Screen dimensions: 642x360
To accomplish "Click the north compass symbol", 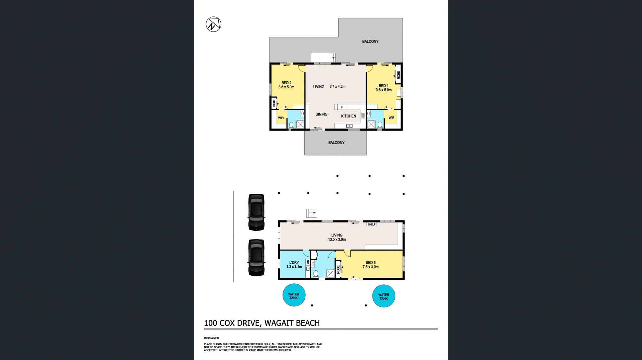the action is [213, 24].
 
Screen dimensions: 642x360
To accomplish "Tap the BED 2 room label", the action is [286, 83].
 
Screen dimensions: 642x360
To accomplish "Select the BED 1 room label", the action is [384, 86].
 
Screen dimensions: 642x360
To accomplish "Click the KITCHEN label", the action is [348, 116].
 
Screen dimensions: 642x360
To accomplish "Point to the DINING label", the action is [321, 114].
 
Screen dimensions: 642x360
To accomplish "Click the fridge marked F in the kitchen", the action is [342, 107].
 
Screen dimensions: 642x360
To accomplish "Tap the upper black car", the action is [256, 212].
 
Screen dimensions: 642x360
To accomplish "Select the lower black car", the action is [256, 258].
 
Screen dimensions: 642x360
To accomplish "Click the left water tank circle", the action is [294, 295].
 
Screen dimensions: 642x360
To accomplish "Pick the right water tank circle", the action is [384, 296].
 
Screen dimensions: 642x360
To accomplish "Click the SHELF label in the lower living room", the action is [371, 224].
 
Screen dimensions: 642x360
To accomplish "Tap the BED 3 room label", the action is [370, 263].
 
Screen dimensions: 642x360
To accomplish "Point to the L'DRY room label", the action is [294, 263].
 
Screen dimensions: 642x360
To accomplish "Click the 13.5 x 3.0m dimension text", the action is [337, 240].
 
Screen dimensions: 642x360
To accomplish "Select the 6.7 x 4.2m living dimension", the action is [337, 87].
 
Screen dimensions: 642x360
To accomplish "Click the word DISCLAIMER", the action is [211, 338].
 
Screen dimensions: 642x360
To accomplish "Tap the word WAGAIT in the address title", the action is [277, 323].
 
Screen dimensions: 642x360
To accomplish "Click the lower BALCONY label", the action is [336, 143].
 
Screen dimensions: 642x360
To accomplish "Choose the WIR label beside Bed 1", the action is [392, 118].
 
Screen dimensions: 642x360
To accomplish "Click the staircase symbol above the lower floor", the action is [311, 213].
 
